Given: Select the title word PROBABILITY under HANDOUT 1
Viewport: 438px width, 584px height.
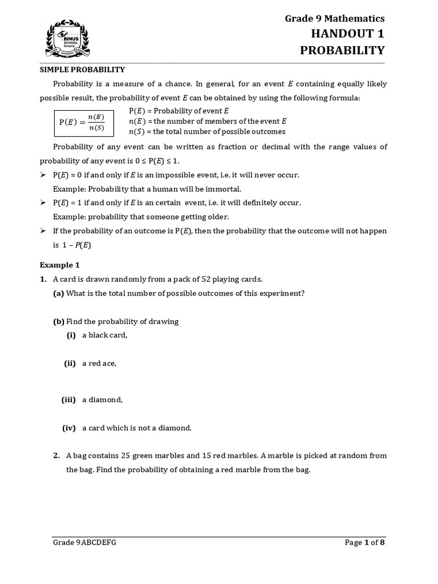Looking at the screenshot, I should click(342, 51).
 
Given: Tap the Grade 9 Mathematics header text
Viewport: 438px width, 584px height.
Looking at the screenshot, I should click(335, 19).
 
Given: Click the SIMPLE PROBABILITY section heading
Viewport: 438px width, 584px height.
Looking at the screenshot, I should click(82, 70).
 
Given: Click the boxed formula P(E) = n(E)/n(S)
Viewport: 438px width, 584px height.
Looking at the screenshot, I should click(83, 122).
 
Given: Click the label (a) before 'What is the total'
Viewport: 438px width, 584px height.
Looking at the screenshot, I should click(59, 293).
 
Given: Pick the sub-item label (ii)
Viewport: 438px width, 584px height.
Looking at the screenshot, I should click(70, 363).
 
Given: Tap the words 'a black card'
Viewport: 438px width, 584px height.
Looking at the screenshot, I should click(104, 335).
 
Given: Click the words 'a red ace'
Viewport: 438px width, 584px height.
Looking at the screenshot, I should click(99, 363).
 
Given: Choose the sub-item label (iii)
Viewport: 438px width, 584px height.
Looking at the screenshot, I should click(68, 400).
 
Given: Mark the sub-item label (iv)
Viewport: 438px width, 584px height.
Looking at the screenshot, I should click(69, 428).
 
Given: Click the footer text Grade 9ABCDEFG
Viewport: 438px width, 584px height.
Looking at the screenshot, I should click(84, 543).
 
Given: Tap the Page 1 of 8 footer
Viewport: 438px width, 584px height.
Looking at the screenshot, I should click(365, 543).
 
